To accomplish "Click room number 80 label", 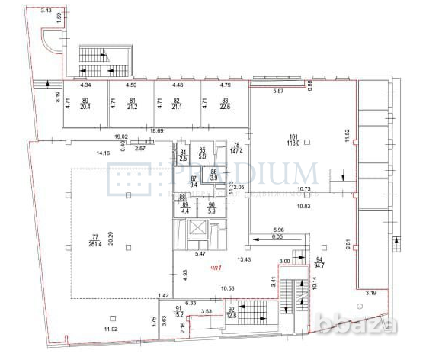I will [85, 101].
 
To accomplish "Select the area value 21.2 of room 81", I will [133, 108].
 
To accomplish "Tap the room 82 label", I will [178, 101].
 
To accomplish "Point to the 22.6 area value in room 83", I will [225, 108].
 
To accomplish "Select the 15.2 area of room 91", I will [178, 313].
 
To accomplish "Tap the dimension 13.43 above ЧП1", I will [245, 259].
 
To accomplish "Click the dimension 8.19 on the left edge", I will [37, 97].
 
